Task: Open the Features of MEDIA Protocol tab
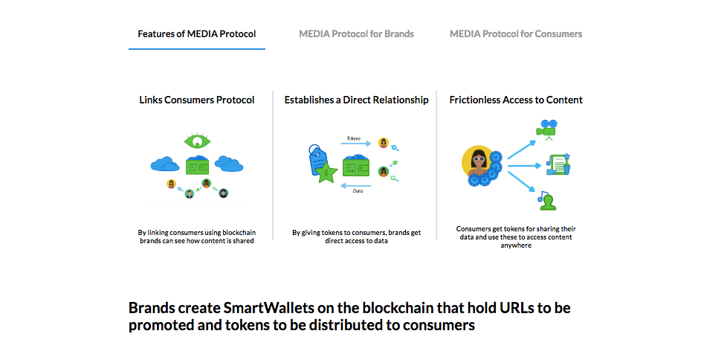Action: point(197,34)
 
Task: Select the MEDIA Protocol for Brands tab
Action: point(357,34)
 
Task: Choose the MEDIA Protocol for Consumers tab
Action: point(516,34)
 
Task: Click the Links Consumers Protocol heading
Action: point(197,100)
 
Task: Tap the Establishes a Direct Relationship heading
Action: point(357,100)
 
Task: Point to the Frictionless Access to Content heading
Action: point(516,100)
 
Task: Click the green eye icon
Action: point(197,141)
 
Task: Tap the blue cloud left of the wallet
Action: point(165,164)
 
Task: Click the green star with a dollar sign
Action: point(326,173)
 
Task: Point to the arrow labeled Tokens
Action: point(355,144)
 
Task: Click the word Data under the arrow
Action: point(358,191)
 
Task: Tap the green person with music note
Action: point(547,200)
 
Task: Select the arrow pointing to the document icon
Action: point(524,166)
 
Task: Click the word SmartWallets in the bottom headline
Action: point(268,309)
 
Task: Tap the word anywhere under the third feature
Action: point(516,245)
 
